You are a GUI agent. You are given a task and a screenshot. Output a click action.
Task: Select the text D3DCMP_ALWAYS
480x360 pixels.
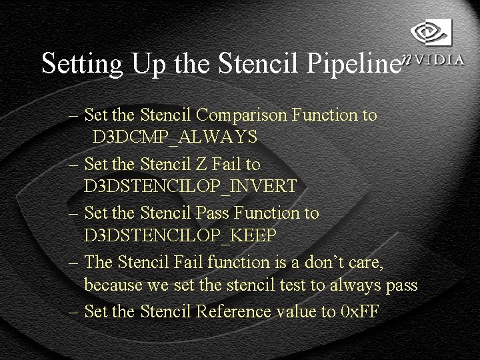coord(175,137)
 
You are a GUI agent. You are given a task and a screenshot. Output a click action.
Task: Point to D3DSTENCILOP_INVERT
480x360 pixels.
coord(190,187)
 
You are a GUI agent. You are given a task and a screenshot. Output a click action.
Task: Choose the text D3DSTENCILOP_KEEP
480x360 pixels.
coord(180,236)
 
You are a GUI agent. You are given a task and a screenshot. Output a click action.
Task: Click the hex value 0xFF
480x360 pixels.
coord(359,311)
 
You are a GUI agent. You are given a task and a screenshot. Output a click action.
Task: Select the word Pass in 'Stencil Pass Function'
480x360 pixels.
coord(213,213)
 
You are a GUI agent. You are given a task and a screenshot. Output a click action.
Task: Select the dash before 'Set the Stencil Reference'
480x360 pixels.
coord(74,311)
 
